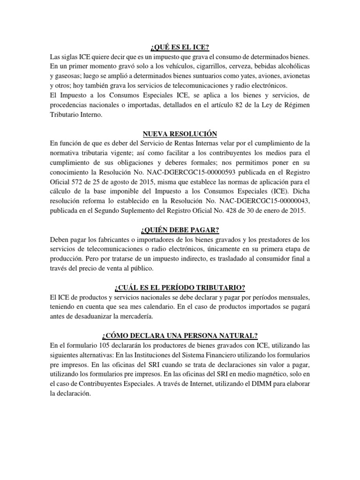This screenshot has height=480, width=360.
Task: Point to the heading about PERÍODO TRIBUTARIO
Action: tap(180, 287)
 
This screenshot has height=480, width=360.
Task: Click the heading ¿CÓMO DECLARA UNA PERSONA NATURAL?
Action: tap(180, 336)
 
